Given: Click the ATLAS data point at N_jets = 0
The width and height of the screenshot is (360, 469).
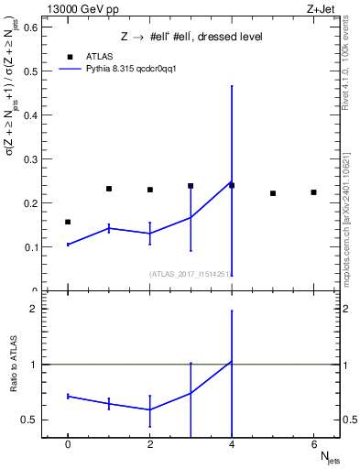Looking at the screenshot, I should [68, 222].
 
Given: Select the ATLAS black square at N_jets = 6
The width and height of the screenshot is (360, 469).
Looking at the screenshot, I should [313, 192].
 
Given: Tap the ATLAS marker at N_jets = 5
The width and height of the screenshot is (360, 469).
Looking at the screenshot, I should [273, 193].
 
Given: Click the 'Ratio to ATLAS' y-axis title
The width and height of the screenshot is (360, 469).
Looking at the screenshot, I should [13, 366].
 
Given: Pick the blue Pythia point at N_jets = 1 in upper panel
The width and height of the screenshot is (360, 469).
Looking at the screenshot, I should [109, 227].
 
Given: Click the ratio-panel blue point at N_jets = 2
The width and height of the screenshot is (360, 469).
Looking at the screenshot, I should [149, 409].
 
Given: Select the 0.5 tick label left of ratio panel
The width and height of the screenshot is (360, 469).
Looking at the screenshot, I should [29, 420].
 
